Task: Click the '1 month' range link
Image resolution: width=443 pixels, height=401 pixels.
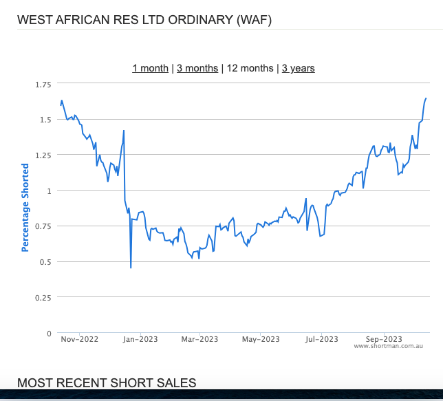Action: (150, 68)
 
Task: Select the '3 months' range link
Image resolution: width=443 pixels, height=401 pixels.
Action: (197, 68)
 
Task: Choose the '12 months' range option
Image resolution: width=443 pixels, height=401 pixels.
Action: (250, 68)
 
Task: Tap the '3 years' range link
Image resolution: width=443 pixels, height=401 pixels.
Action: (299, 68)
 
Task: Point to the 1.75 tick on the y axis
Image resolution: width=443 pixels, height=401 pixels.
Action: (43, 85)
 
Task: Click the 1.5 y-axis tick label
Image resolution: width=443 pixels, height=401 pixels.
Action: (45, 120)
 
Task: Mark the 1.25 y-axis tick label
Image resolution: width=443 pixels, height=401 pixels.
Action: (43, 155)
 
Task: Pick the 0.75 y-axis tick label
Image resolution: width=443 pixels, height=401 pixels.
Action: (43, 226)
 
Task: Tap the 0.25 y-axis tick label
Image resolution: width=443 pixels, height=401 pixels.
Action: (43, 298)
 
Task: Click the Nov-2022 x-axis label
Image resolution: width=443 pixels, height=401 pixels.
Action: (79, 339)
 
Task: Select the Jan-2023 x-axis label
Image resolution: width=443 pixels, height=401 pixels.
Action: (140, 339)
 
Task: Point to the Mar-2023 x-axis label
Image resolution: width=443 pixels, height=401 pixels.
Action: (199, 339)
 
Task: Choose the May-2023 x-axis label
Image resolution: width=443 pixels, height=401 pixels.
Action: (261, 339)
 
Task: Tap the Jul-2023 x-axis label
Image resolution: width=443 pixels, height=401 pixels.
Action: (321, 339)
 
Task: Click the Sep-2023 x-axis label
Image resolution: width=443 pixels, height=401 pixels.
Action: (384, 339)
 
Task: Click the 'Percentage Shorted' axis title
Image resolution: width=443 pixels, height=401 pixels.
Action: (25, 208)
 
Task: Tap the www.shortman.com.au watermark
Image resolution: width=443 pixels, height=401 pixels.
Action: (388, 346)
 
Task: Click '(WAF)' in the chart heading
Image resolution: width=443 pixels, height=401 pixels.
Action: (254, 20)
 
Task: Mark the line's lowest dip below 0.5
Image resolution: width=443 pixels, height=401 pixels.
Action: (131, 268)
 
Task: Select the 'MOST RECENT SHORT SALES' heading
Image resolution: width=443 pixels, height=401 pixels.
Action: (107, 383)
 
